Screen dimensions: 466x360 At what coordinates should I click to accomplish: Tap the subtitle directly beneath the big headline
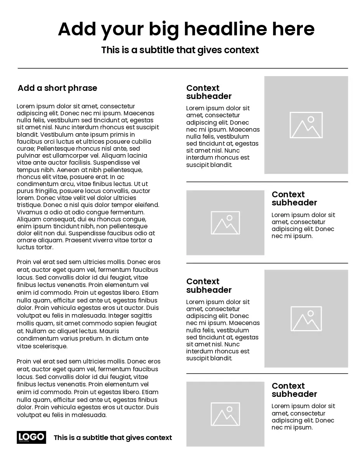(180, 50)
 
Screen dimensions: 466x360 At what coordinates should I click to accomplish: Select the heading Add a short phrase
(57, 88)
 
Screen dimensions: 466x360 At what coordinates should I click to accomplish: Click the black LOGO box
(31, 437)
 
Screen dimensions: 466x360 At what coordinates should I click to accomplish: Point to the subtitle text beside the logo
(113, 438)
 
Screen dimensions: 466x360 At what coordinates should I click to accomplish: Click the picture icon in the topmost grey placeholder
(306, 125)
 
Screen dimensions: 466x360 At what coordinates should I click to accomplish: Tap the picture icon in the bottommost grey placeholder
(225, 414)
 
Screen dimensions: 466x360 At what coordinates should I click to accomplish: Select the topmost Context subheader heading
(209, 92)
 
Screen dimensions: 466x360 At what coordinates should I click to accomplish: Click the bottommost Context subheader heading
(294, 390)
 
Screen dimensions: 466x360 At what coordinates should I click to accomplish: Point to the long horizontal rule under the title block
(183, 68)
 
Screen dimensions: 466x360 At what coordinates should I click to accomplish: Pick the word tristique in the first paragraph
(29, 205)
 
